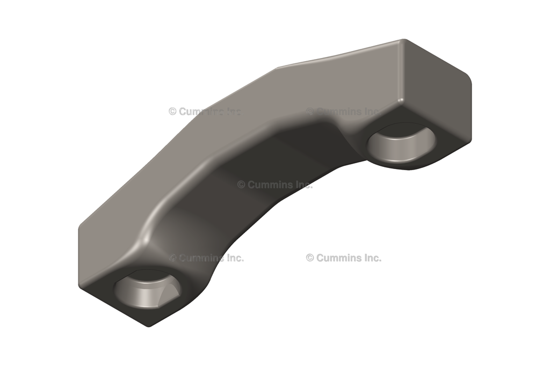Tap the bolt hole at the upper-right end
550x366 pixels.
tap(402, 142)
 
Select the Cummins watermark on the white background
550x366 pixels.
tap(344, 258)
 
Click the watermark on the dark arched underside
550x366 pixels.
tap(274, 184)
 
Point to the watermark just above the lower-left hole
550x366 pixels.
tap(207, 258)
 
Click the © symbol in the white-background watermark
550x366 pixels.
tap(310, 258)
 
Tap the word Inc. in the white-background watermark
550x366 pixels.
tap(370, 258)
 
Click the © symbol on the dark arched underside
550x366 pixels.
tap(241, 184)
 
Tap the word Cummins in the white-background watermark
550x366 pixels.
tap(338, 258)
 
